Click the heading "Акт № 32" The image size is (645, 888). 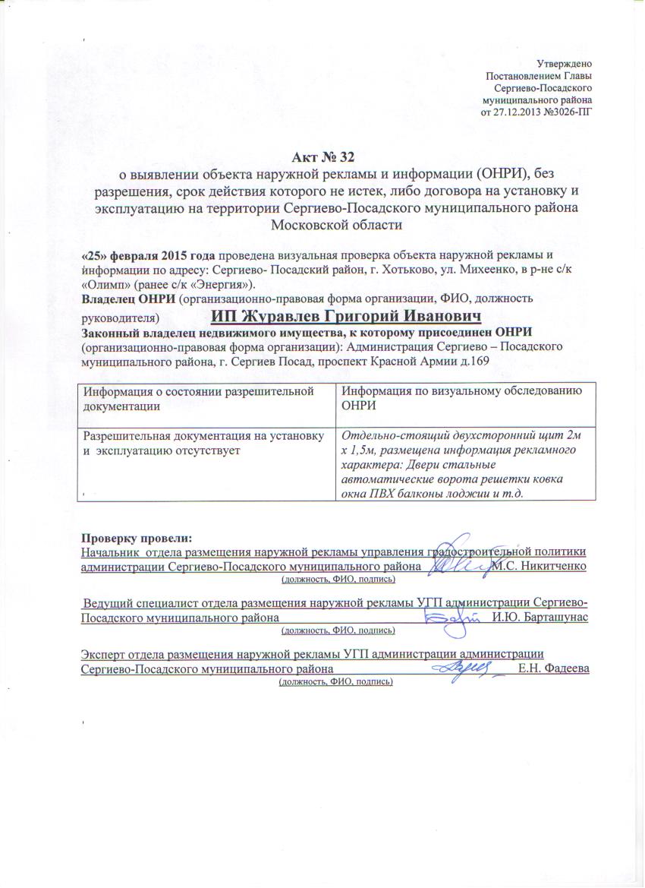pos(322,158)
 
